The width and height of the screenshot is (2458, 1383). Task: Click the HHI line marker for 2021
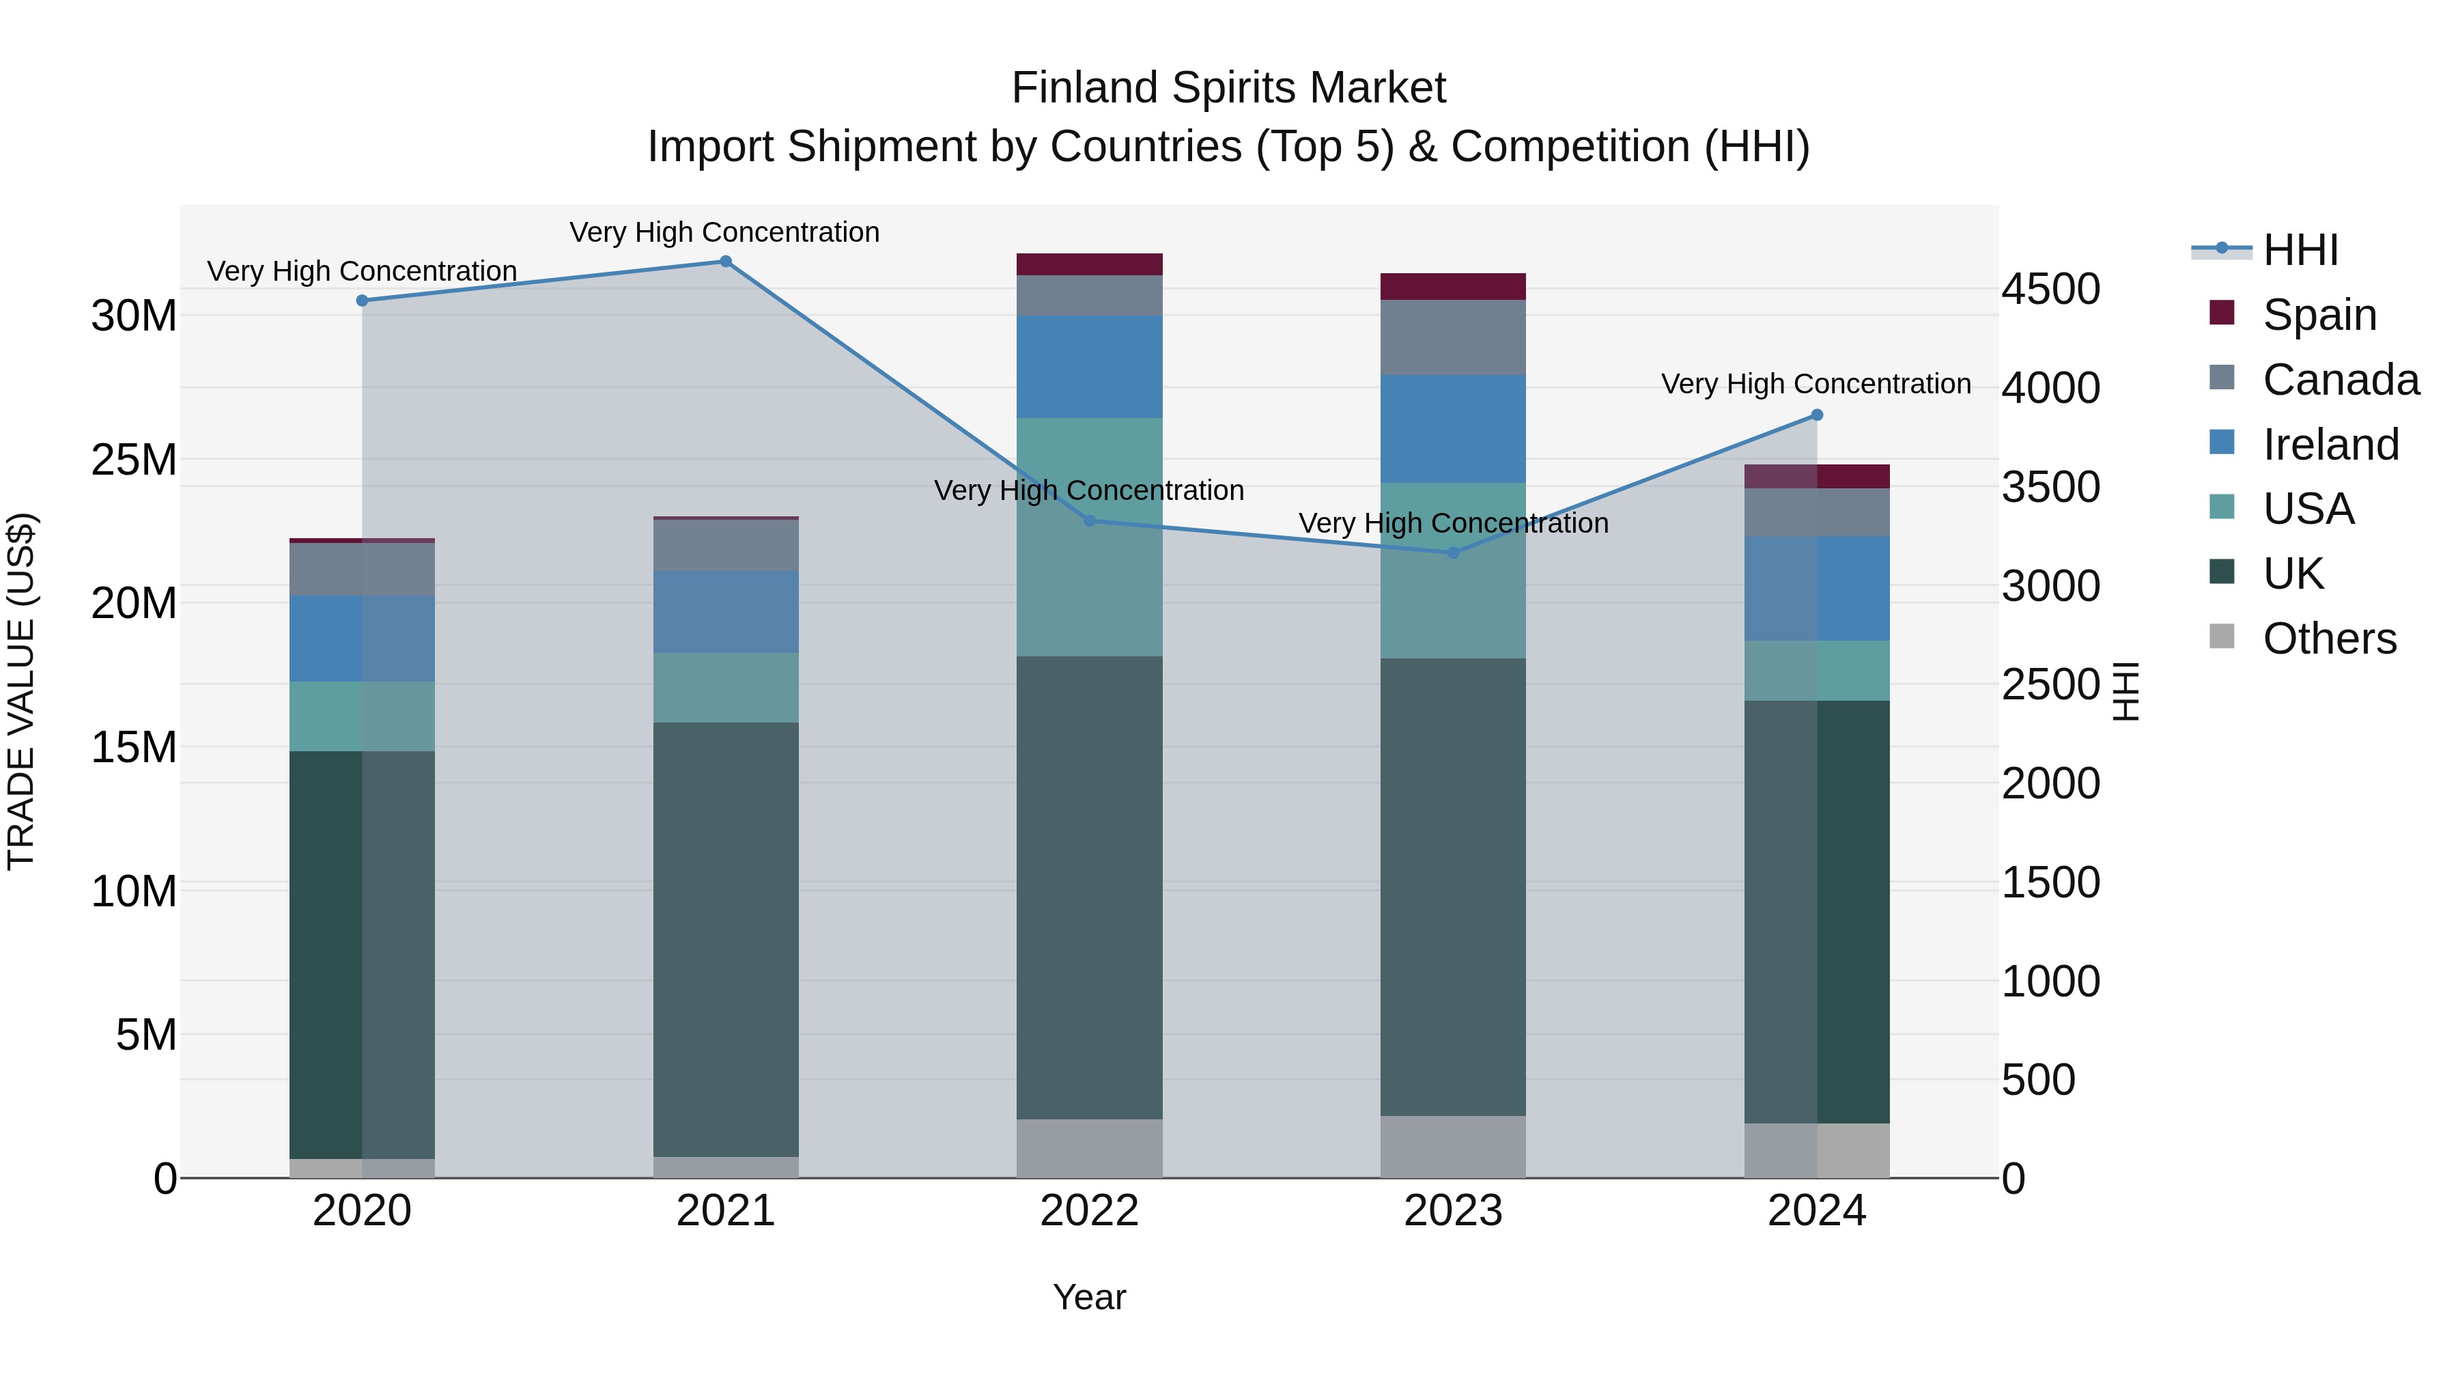point(725,262)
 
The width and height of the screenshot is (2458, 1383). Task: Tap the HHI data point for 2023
point(1453,553)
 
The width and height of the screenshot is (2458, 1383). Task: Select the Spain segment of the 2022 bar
point(1089,264)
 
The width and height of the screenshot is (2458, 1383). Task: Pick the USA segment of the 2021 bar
point(725,687)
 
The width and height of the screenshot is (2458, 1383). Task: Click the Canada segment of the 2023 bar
point(1452,338)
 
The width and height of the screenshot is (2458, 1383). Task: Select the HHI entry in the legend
point(2300,250)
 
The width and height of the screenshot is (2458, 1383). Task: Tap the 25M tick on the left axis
point(134,460)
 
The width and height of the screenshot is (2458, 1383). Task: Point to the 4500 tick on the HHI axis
point(2050,289)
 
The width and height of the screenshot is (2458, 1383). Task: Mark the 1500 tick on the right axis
point(2050,883)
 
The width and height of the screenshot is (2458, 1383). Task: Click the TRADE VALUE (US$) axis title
point(21,691)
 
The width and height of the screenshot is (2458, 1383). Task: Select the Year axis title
point(1089,1297)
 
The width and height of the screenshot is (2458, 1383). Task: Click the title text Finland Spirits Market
point(1228,88)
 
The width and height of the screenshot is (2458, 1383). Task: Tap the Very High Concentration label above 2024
point(1816,384)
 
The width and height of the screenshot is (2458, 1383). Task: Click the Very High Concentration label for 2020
point(362,271)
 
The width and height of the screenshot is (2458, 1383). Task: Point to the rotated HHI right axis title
point(2127,691)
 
